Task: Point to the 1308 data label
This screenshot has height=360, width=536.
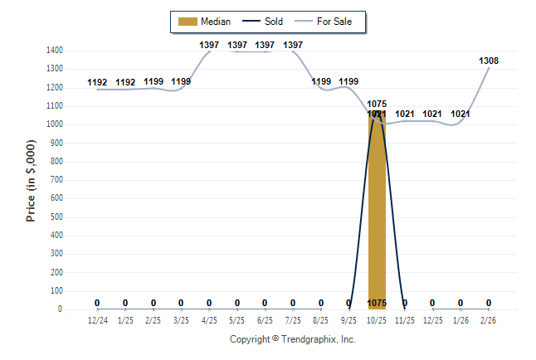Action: [x=489, y=61]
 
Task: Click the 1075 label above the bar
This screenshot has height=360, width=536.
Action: [x=377, y=105]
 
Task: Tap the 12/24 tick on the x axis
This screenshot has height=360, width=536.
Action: [x=97, y=319]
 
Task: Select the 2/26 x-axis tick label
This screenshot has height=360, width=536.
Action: [x=489, y=319]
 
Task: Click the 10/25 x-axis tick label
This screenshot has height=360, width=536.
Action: [x=377, y=319]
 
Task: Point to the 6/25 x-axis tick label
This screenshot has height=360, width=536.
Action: [x=265, y=319]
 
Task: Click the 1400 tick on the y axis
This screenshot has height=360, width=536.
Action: [x=56, y=51]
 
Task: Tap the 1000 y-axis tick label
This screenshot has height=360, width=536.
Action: [x=56, y=124]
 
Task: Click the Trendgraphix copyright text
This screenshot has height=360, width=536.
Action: [x=292, y=340]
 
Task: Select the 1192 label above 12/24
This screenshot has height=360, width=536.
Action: [x=97, y=82]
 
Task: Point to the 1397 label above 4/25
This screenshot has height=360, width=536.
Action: [x=209, y=45]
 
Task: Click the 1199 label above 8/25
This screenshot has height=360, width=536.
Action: [x=321, y=81]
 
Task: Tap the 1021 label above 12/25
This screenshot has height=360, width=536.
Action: [x=432, y=114]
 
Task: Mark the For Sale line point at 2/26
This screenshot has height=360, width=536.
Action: [x=489, y=68]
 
